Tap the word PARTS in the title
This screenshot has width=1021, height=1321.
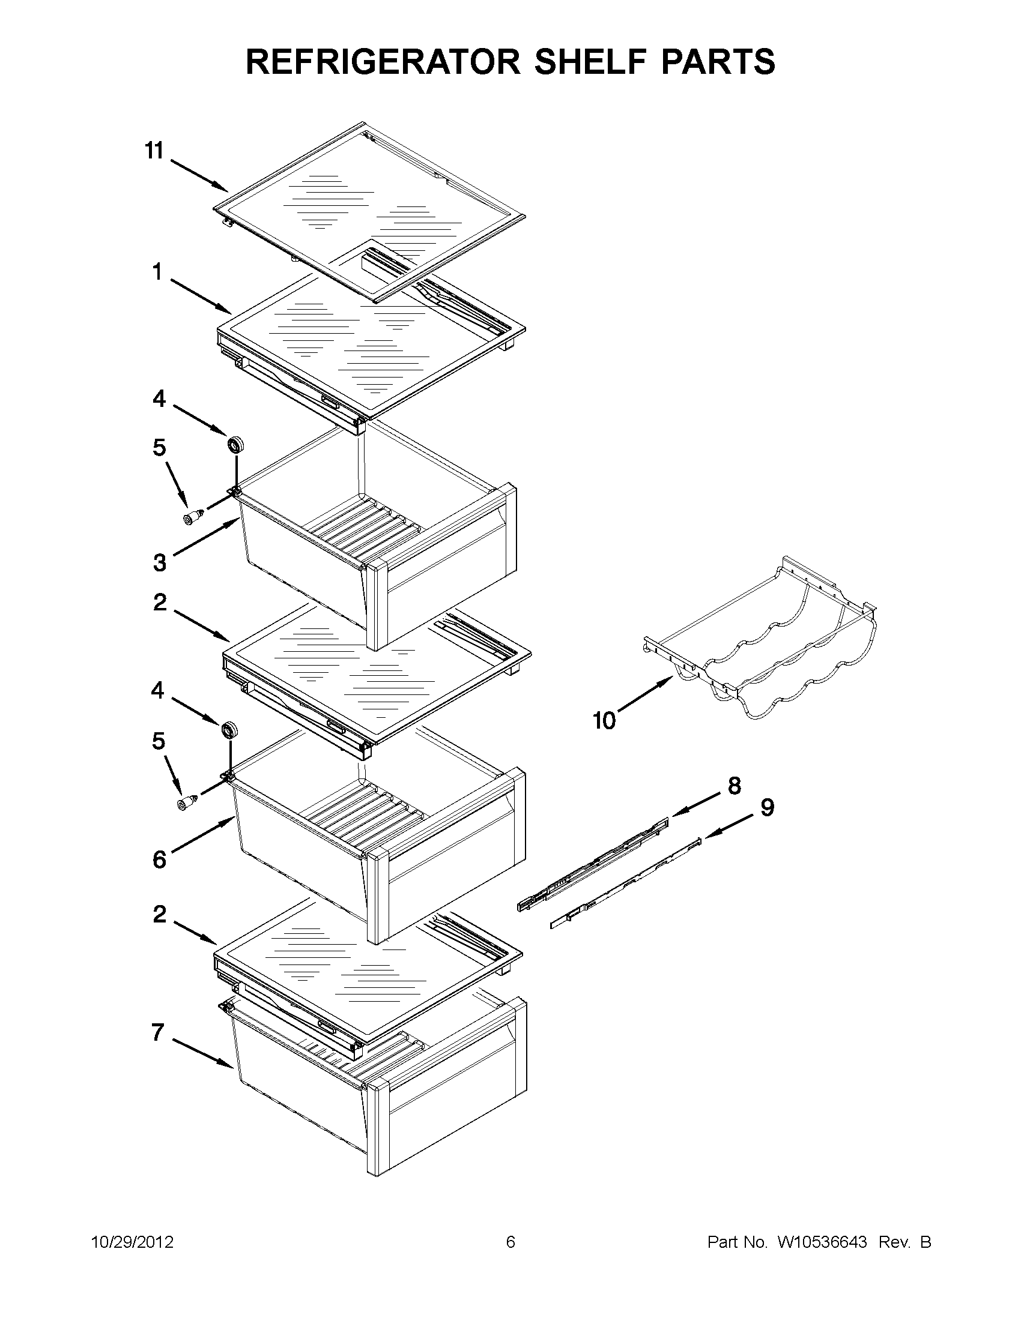(718, 62)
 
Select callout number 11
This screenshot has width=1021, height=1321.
(154, 151)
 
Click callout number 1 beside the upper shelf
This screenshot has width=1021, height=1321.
(157, 273)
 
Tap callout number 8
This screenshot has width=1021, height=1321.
(733, 786)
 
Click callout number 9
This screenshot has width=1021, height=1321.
(767, 807)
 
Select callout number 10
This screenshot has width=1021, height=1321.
(604, 720)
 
